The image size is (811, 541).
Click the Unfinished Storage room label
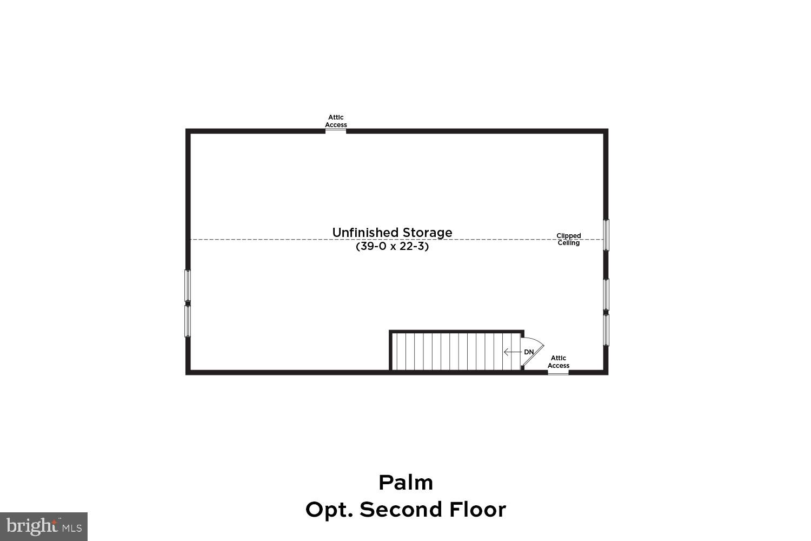click(x=392, y=233)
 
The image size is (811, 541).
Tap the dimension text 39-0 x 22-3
click(x=392, y=247)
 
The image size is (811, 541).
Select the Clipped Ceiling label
click(x=569, y=239)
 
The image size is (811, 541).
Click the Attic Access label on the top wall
click(x=336, y=121)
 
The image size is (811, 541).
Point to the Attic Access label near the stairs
click(x=559, y=361)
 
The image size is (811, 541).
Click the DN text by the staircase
click(x=529, y=352)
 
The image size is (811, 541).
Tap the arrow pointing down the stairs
click(x=511, y=352)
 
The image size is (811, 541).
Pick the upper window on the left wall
click(x=188, y=285)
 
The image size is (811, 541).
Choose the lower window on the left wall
click(x=188, y=321)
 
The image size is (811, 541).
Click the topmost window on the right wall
click(x=606, y=235)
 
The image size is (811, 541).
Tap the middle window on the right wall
click(x=606, y=295)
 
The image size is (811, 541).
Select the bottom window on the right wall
click(x=606, y=329)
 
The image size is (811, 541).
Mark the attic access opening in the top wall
click(x=336, y=130)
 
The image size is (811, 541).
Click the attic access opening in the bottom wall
click(x=558, y=372)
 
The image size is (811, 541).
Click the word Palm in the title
click(x=405, y=483)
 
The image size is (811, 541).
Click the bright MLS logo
click(x=43, y=526)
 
